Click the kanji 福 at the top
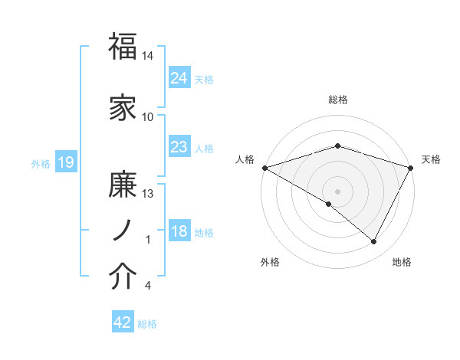click(x=123, y=47)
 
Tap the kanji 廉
click(x=123, y=185)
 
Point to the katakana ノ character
click(x=122, y=231)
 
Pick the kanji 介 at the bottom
click(x=123, y=277)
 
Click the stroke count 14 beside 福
click(x=148, y=57)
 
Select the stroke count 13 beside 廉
click(x=148, y=194)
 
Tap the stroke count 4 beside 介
click(x=148, y=286)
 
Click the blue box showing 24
click(x=179, y=77)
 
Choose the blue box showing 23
click(x=179, y=146)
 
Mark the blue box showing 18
click(x=179, y=231)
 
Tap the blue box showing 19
click(x=65, y=162)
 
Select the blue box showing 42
click(x=123, y=322)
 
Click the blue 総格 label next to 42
click(x=148, y=324)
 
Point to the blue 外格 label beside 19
click(x=41, y=164)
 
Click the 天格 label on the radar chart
click(x=431, y=159)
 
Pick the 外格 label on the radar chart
click(x=269, y=263)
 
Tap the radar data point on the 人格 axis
click(x=264, y=167)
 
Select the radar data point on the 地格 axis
click(x=374, y=242)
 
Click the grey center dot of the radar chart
click(x=337, y=191)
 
